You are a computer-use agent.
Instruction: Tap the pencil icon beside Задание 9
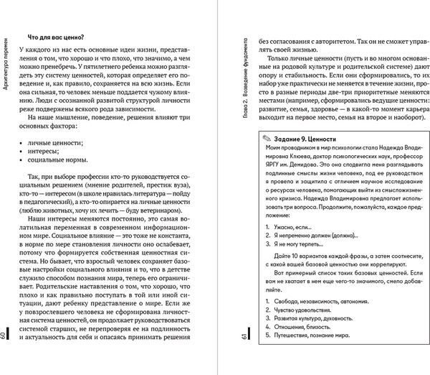click(266, 138)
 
